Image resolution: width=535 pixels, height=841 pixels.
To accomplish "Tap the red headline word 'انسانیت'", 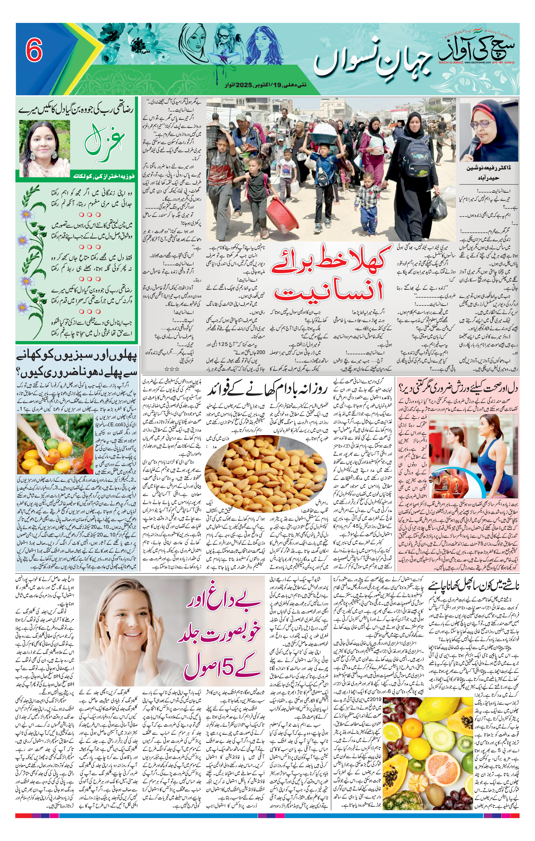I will tap(329, 290).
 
